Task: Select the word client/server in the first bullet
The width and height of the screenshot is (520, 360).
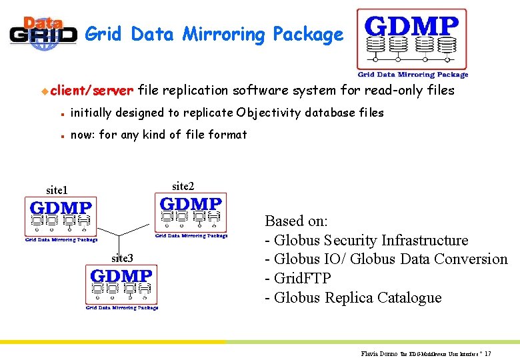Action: tap(93, 90)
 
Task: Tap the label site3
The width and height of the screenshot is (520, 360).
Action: tap(122, 258)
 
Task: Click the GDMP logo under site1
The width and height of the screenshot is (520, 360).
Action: tap(61, 219)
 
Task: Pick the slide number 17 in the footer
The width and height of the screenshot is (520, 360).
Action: tap(488, 353)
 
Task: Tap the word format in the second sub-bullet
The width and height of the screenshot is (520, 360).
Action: tap(228, 135)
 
